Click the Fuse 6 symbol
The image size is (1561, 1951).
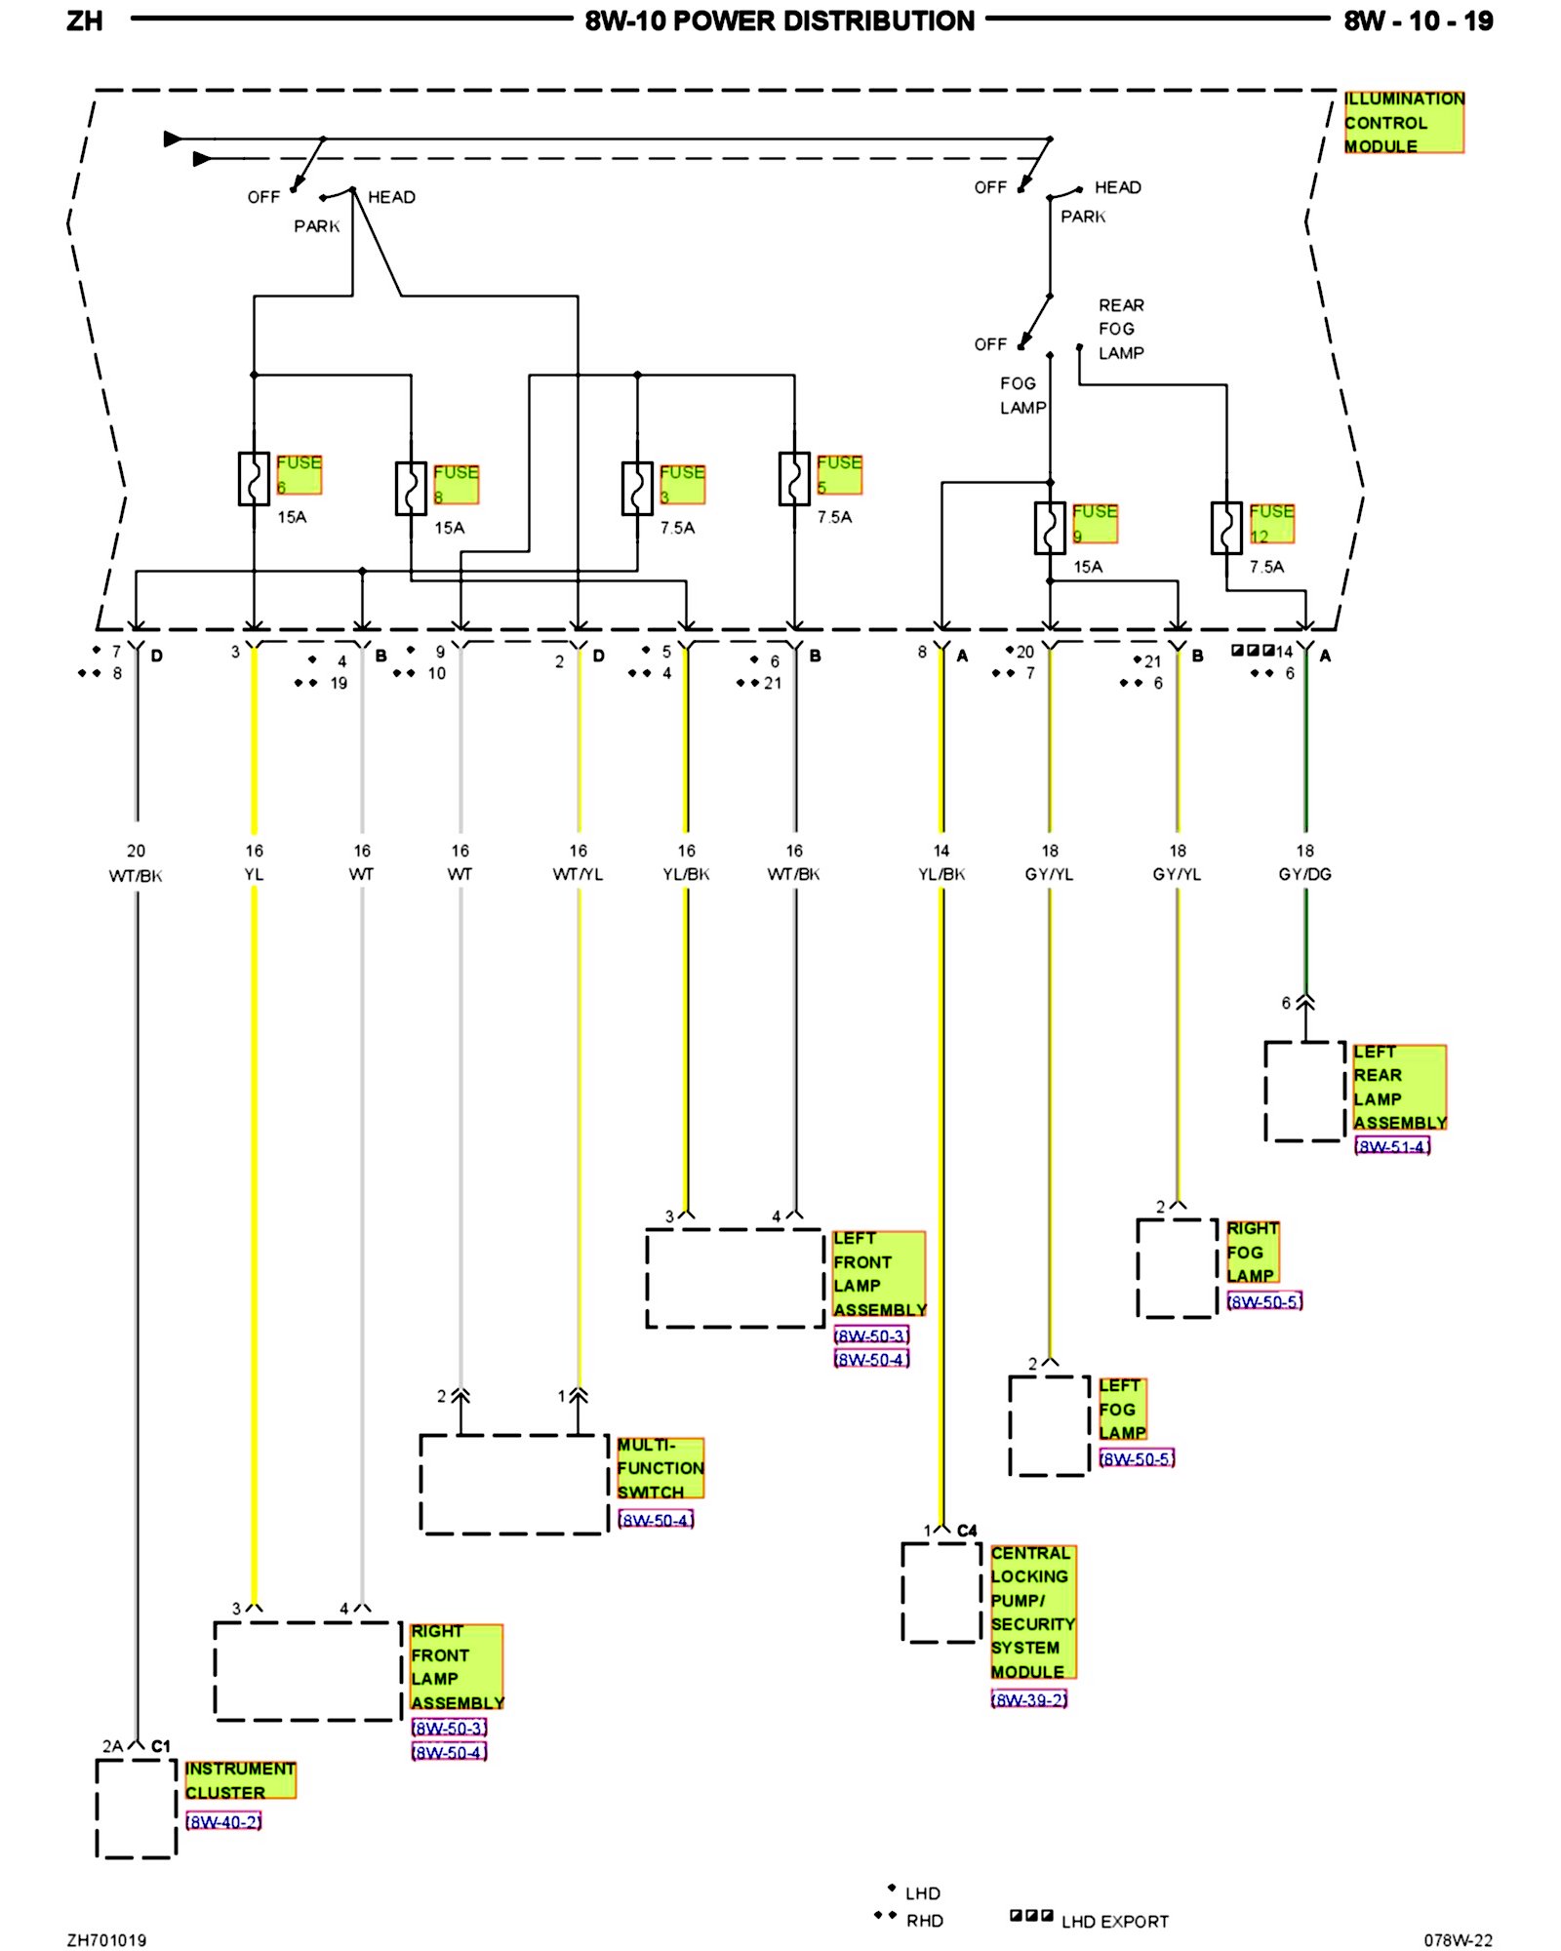(254, 478)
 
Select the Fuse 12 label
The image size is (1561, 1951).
(1271, 523)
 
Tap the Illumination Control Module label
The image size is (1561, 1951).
(1403, 122)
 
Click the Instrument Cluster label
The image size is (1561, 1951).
(240, 1780)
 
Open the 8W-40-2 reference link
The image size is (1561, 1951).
(223, 1821)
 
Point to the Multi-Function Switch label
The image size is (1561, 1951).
(660, 1468)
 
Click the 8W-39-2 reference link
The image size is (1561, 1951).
(1028, 1699)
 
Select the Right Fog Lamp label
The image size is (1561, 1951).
(1252, 1252)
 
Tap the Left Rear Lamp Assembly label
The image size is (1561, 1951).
(1399, 1087)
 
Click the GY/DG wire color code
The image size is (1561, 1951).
(1304, 874)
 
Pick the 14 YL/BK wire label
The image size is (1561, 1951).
(941, 862)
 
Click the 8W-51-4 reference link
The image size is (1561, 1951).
(1392, 1146)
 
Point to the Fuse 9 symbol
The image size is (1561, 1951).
(1050, 528)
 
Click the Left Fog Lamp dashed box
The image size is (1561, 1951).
(1049, 1425)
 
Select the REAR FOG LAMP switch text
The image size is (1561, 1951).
(1121, 329)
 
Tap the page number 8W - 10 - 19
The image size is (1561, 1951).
(1418, 21)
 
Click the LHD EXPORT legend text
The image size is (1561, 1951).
(1114, 1922)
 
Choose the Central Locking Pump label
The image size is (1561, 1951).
(1032, 1612)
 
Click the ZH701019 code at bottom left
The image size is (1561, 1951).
(106, 1940)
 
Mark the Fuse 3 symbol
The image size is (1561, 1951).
(637, 488)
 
